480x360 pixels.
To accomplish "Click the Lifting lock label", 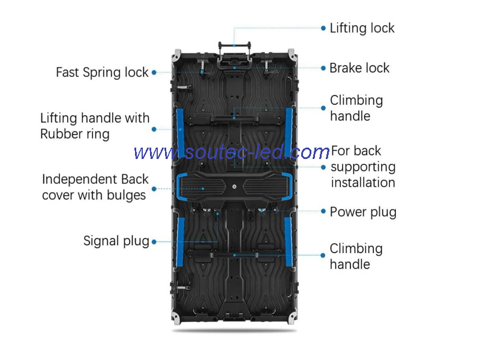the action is coord(362,28).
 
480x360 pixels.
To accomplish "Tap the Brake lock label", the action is coord(359,68).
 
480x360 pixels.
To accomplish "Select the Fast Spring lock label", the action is coord(102,73).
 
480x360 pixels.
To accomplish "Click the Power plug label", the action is coord(363,212).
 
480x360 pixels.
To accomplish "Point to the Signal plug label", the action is coord(116,241).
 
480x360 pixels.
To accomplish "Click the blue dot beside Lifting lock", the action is coord(323,28).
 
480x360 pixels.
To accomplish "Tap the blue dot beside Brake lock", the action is coord(323,68).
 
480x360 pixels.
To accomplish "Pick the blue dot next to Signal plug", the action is coord(154,242).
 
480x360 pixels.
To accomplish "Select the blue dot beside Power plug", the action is coord(323,211).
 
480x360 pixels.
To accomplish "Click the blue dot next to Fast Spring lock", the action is coord(154,73).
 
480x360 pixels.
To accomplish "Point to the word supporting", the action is coord(363,167).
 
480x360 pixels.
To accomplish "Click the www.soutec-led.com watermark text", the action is coord(232,152).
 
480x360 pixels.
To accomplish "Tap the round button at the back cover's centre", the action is coord(234,187).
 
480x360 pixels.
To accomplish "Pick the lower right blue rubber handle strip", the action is coord(289,241).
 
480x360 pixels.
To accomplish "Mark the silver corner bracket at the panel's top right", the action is coord(292,55).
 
